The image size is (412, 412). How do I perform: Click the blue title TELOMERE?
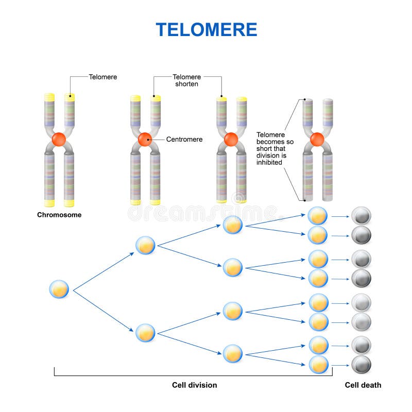point(206,29)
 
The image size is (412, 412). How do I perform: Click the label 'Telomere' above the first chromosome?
point(103,77)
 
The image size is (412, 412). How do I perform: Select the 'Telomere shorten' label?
point(186,80)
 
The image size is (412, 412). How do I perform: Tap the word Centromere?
point(184,139)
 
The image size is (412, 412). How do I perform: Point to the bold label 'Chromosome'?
point(59,215)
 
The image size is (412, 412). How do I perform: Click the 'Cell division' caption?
point(194,385)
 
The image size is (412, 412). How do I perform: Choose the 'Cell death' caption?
point(363,385)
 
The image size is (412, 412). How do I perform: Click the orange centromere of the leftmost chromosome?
point(59,139)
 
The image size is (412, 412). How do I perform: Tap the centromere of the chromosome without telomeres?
point(317,139)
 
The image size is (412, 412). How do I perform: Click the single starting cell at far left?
point(60,289)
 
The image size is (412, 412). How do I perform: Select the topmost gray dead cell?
point(361,216)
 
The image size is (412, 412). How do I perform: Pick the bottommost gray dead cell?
point(361,364)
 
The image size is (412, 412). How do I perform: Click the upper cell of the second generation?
point(145,245)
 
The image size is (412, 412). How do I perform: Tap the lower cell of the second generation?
point(145,333)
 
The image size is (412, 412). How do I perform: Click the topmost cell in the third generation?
point(232,225)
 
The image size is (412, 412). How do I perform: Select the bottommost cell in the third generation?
point(232,353)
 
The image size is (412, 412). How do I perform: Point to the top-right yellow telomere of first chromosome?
point(70,97)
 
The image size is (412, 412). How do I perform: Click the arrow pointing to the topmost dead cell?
point(340,216)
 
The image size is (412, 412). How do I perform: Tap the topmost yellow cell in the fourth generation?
point(318,216)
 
